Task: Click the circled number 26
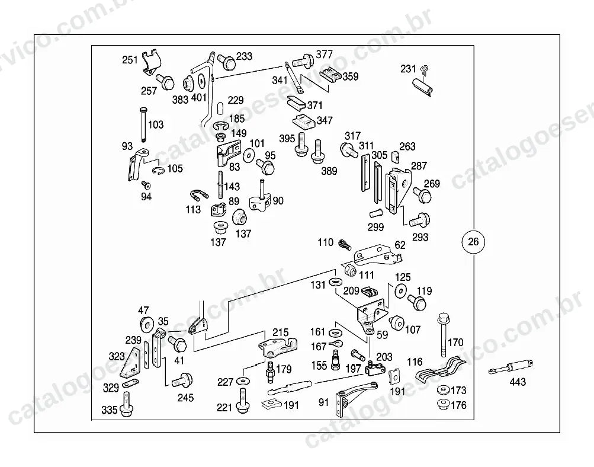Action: (474, 242)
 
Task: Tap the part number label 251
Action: (130, 60)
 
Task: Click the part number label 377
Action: (325, 54)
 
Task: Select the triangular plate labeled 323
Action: (130, 363)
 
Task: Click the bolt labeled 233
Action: (227, 62)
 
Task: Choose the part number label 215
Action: (280, 332)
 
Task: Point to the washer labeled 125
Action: (401, 290)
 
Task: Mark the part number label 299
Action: (376, 227)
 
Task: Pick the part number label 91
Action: (323, 402)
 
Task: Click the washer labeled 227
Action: (242, 380)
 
